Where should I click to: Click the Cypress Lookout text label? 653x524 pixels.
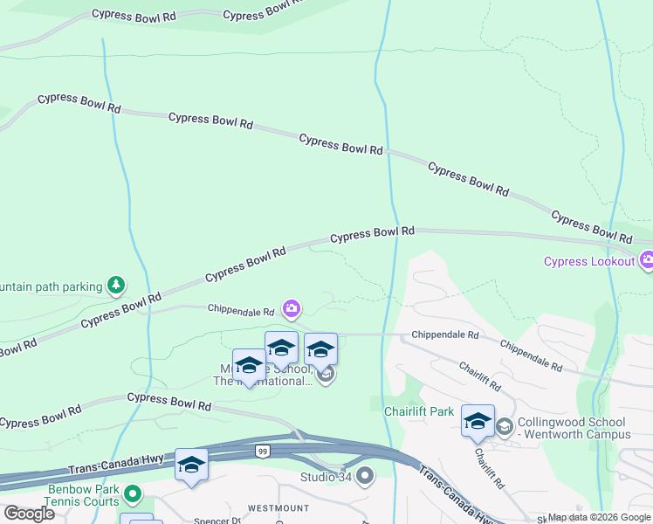589,261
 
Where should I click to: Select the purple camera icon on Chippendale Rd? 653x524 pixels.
292,308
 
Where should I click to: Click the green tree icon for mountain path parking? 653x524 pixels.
115,285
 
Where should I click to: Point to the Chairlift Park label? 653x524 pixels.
419,410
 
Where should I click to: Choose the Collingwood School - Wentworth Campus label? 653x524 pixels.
574,428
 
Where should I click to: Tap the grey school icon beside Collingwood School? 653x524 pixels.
505,425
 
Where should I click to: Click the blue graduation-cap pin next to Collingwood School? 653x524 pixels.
478,421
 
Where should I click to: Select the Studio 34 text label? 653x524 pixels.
326,477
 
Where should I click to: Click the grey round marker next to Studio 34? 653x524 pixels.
365,476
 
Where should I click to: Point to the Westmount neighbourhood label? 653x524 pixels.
278,507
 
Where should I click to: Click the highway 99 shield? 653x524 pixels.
262,451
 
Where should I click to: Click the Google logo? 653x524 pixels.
29,513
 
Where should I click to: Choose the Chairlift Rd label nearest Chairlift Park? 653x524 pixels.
479,377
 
